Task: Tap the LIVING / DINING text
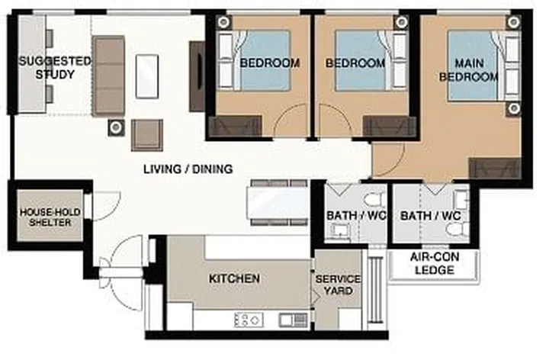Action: click(x=188, y=169)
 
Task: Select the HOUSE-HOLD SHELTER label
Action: click(x=45, y=217)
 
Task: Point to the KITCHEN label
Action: click(x=234, y=279)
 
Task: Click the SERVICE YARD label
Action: click(x=337, y=285)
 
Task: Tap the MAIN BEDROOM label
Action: click(x=477, y=70)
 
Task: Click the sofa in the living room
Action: click(x=108, y=75)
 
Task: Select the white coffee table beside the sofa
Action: click(x=147, y=75)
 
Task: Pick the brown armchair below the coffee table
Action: click(x=146, y=134)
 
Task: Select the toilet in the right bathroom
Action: click(x=460, y=198)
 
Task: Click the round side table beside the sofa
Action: click(x=116, y=127)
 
